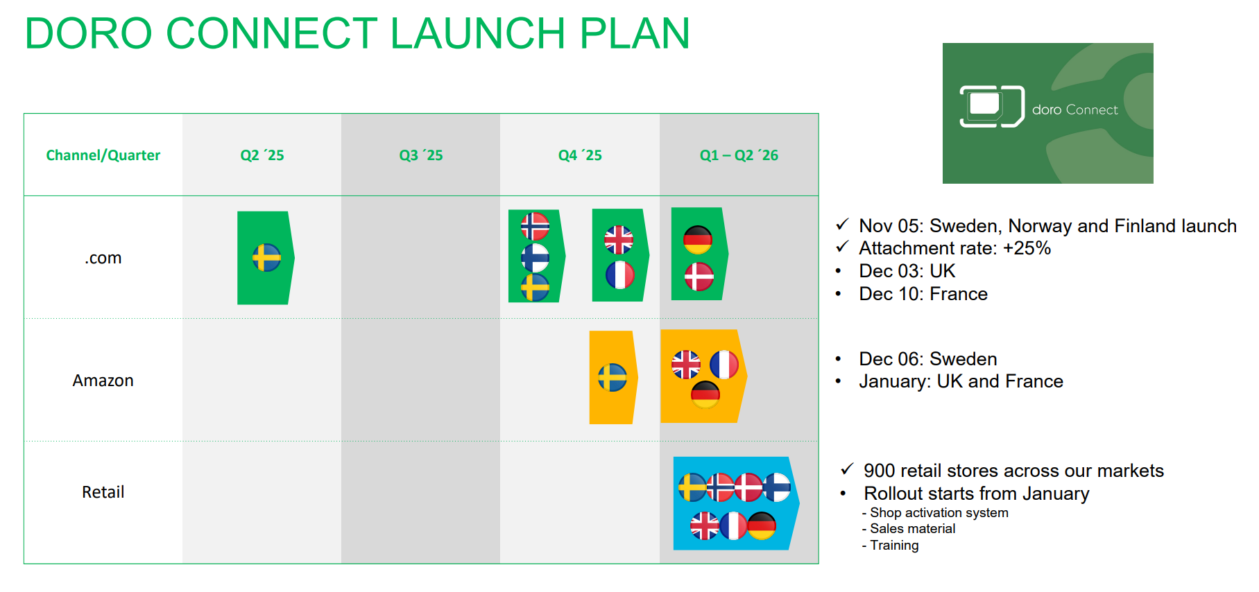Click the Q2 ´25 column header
click(x=262, y=155)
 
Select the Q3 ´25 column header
click(x=421, y=155)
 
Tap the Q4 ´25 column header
click(x=580, y=155)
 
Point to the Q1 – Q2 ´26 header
click(x=739, y=155)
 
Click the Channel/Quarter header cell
click(x=103, y=155)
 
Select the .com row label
click(x=103, y=258)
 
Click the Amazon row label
click(x=103, y=381)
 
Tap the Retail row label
click(x=103, y=492)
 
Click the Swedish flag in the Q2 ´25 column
click(x=266, y=258)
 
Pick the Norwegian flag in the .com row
click(x=535, y=226)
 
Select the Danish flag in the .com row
click(x=699, y=277)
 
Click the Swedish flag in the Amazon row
click(x=613, y=378)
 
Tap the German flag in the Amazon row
click(x=705, y=394)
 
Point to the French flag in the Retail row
click(x=733, y=525)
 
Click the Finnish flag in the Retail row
click(x=777, y=487)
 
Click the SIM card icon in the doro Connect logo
click(x=992, y=107)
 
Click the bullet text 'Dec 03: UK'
click(x=907, y=271)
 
